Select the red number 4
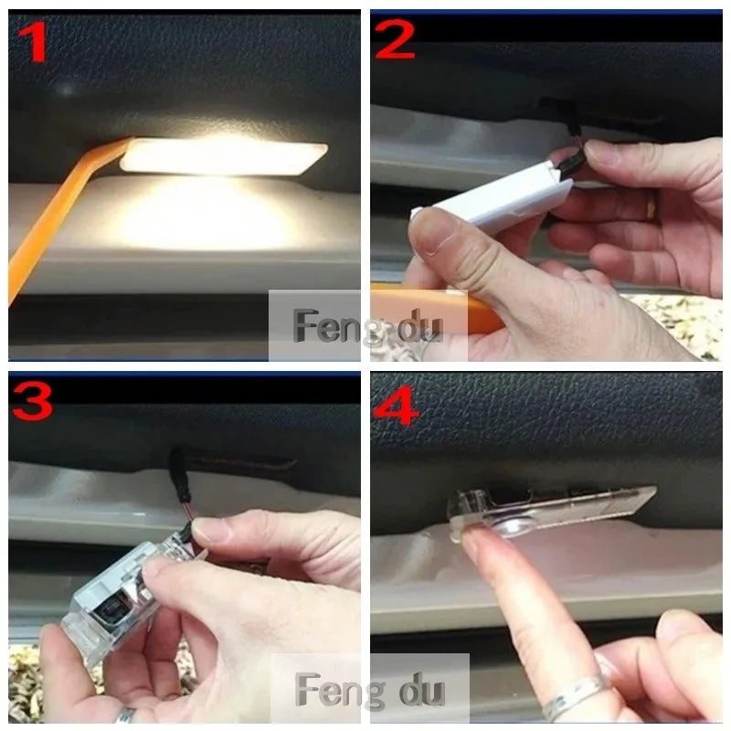click(x=396, y=405)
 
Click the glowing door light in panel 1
click(x=224, y=157)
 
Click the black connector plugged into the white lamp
click(x=572, y=162)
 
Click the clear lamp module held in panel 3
click(x=131, y=601)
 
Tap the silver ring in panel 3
click(x=126, y=715)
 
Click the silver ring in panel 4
click(x=576, y=694)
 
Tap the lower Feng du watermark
click(x=370, y=690)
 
